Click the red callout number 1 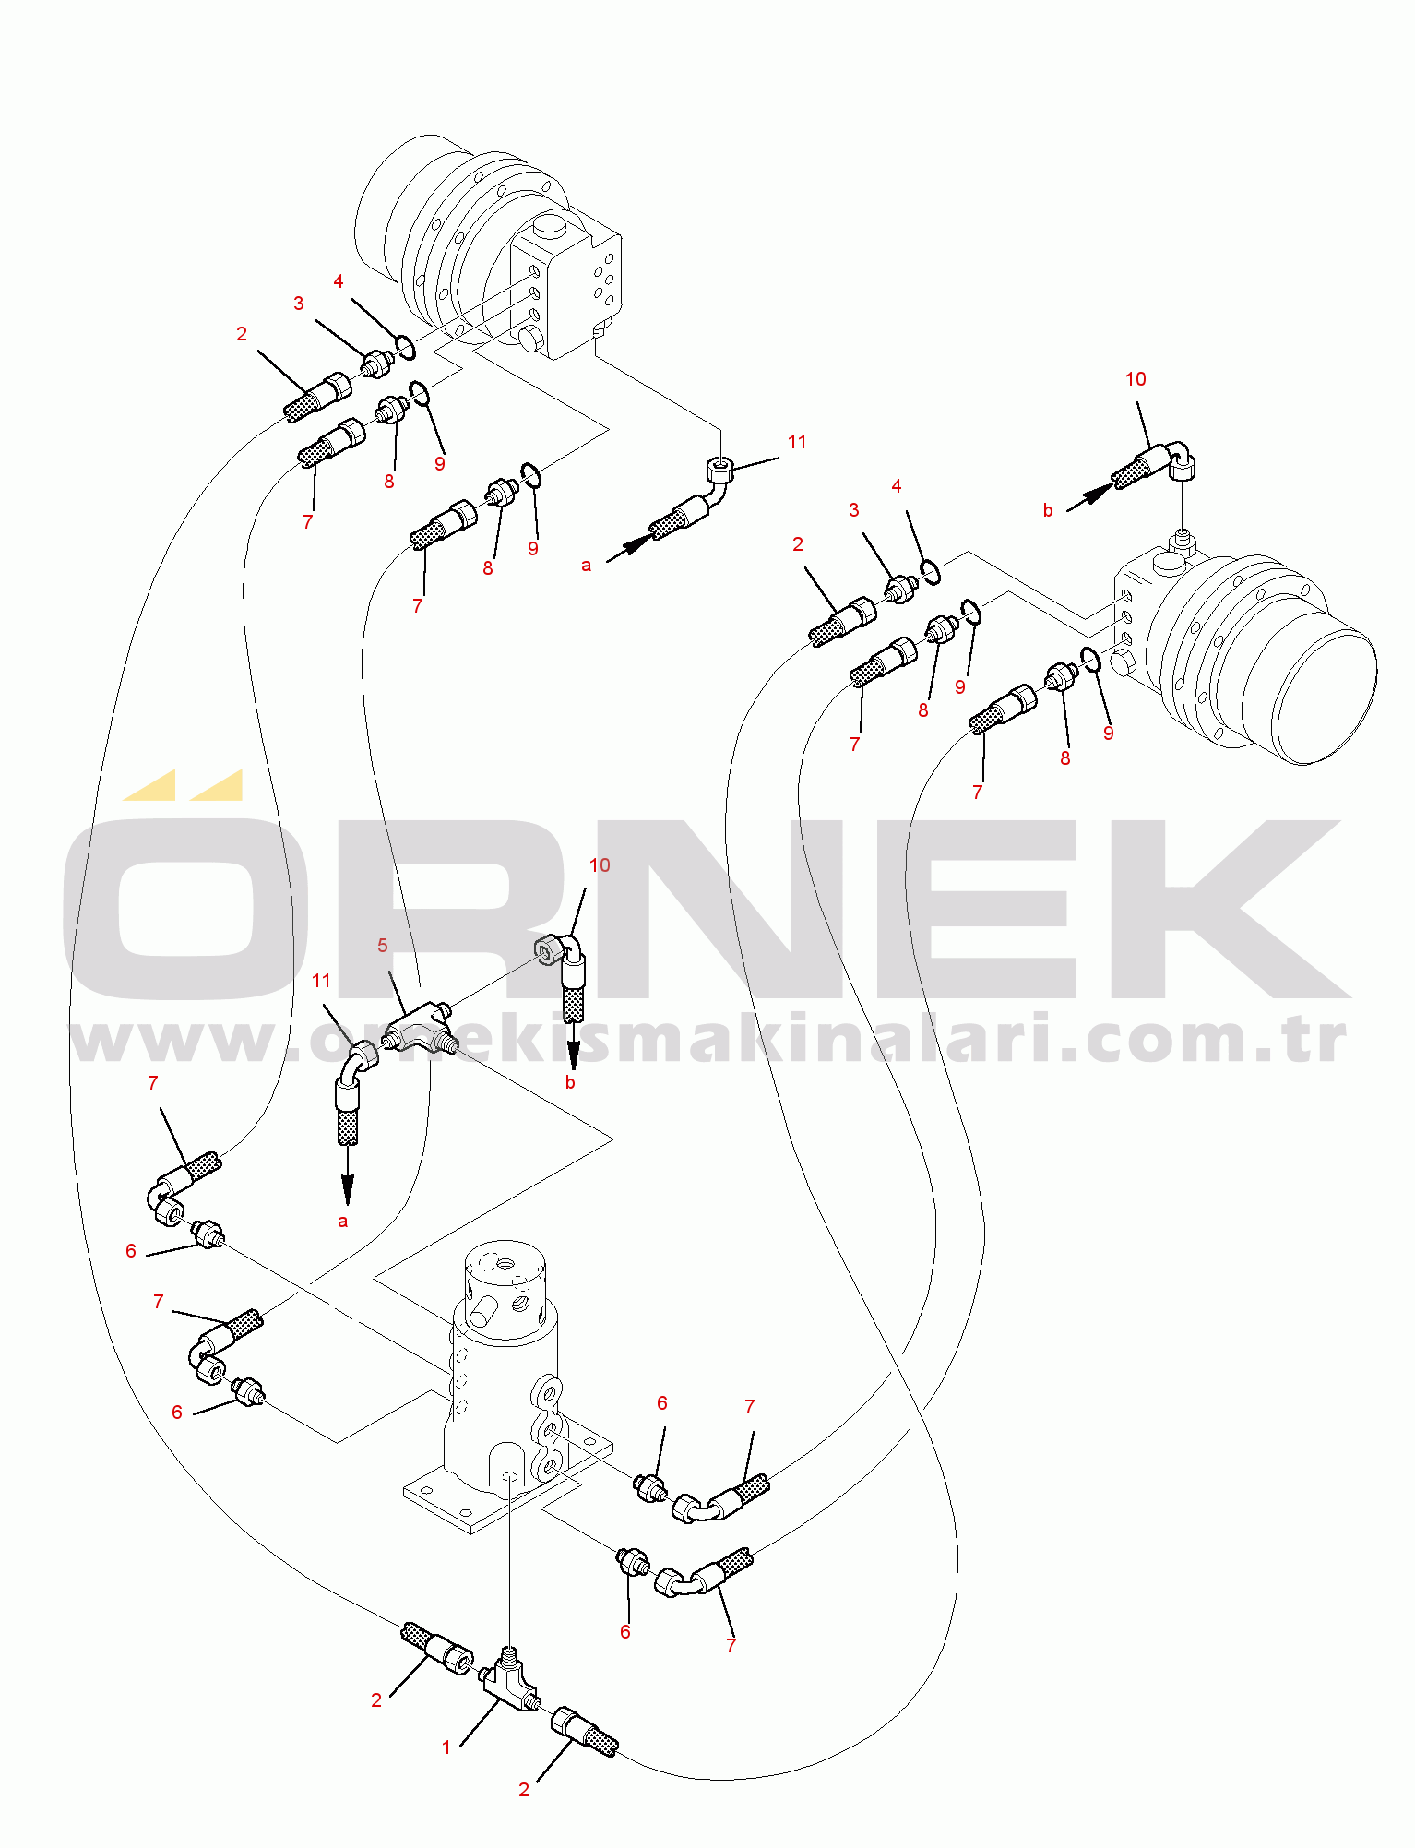(446, 1747)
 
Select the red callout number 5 (383, 946)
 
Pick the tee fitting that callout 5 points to (417, 1030)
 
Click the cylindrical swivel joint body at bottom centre (503, 1365)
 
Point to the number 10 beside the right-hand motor (1136, 379)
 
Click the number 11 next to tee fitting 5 (321, 981)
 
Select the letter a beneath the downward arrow (343, 1222)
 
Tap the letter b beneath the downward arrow (570, 1083)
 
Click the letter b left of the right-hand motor (1048, 510)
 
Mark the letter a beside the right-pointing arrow (587, 565)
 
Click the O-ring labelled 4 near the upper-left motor (404, 348)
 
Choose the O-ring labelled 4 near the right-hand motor (930, 572)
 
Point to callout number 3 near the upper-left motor (299, 304)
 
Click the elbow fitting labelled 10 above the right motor (1180, 459)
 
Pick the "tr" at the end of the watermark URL (1326, 1041)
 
